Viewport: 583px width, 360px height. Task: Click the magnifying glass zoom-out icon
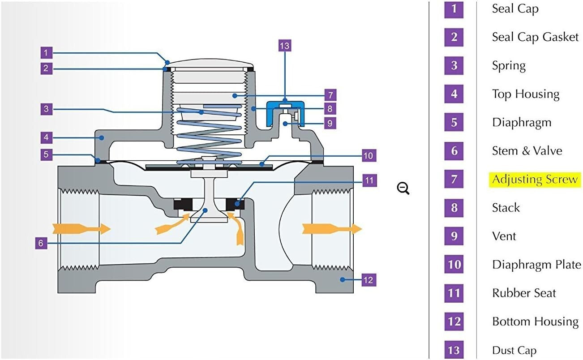pyautogui.click(x=403, y=189)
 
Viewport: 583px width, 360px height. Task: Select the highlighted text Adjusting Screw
pyautogui.click(x=535, y=180)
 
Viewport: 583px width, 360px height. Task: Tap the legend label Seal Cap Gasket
pyautogui.click(x=535, y=37)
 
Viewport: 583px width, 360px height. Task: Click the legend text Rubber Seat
pyautogui.click(x=524, y=293)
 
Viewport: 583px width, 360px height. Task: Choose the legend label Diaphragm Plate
pyautogui.click(x=536, y=265)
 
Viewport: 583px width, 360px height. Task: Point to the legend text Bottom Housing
pyautogui.click(x=535, y=321)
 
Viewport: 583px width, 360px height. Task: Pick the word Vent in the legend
pyautogui.click(x=504, y=236)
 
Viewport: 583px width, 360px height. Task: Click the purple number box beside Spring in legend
pyautogui.click(x=454, y=65)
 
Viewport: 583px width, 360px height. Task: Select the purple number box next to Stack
pyautogui.click(x=454, y=208)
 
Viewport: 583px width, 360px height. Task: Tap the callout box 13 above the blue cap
pyautogui.click(x=284, y=46)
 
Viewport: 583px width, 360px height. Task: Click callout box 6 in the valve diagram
pyautogui.click(x=41, y=243)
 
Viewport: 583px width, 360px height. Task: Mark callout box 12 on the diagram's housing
pyautogui.click(x=368, y=280)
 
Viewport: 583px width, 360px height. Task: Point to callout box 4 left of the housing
pyautogui.click(x=47, y=137)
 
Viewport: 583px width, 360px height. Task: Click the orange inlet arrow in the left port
pyautogui.click(x=81, y=229)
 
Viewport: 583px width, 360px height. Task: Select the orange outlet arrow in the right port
pyautogui.click(x=332, y=229)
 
